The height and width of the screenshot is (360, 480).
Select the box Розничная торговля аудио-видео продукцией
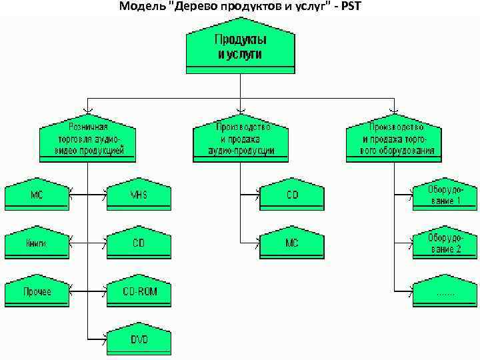(x=87, y=140)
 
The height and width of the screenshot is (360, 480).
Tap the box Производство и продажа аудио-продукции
(x=241, y=140)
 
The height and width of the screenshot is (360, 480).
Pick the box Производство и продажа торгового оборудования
(x=393, y=140)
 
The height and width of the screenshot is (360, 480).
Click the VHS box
(x=139, y=195)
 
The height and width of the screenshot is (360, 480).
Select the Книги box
(x=37, y=244)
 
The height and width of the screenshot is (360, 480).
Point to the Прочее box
(x=37, y=292)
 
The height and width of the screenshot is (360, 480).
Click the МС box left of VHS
(x=37, y=195)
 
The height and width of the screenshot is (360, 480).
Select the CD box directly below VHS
(x=139, y=244)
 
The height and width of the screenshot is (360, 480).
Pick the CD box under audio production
(x=292, y=195)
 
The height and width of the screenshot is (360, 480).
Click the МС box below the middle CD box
(x=292, y=244)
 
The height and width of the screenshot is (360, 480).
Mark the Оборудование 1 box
(x=444, y=195)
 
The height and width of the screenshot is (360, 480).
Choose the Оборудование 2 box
(x=444, y=244)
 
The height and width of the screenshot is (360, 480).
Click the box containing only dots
(x=444, y=292)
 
